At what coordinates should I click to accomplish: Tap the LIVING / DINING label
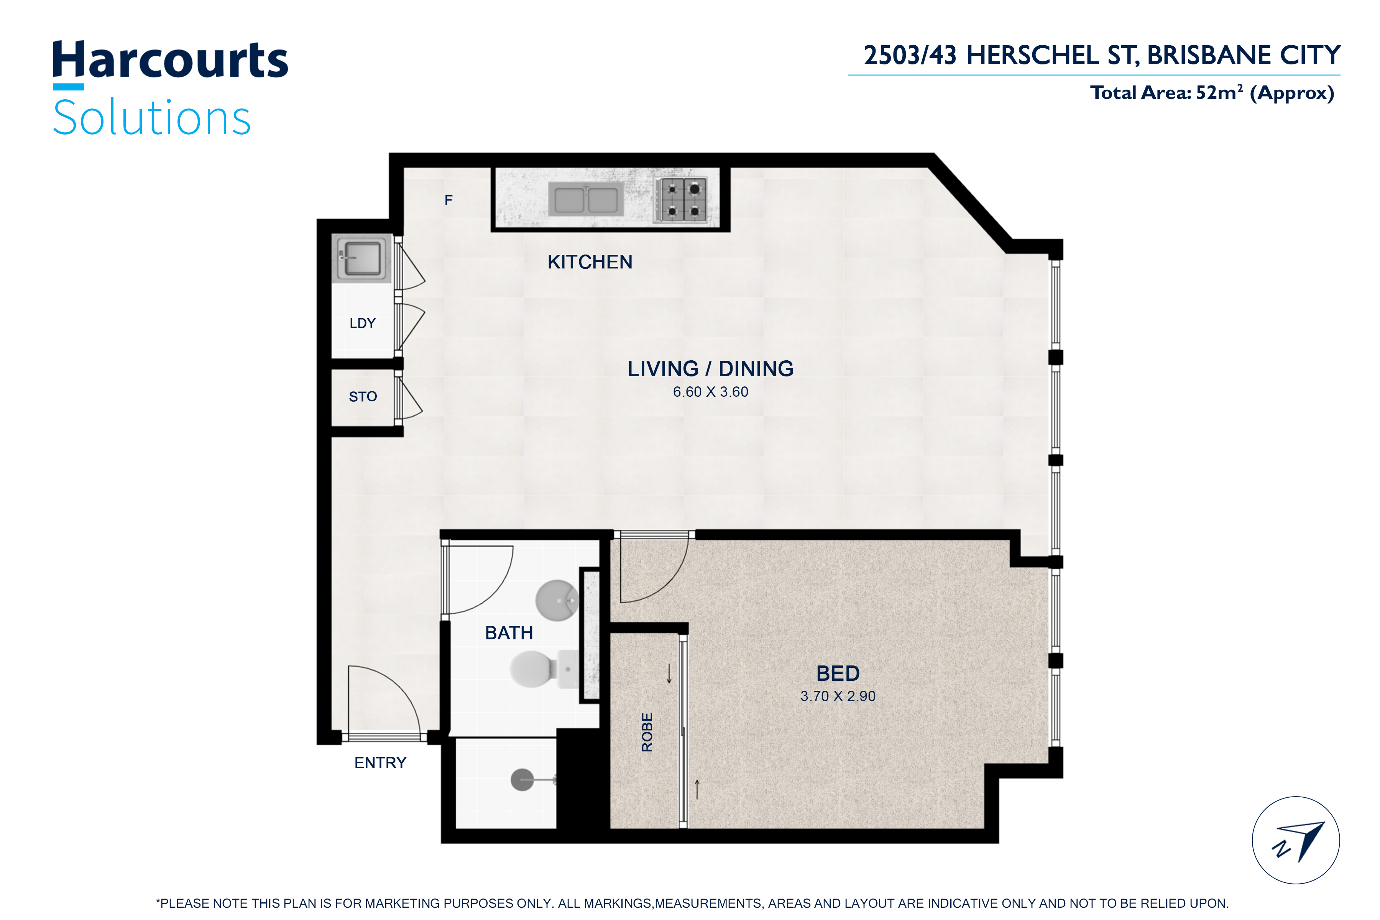click(711, 368)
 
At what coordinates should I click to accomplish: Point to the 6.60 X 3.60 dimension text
click(711, 392)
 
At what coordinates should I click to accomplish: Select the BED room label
click(838, 674)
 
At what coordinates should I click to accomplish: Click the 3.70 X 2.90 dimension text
click(838, 697)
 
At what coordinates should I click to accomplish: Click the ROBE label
click(647, 732)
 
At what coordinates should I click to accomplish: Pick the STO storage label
click(363, 397)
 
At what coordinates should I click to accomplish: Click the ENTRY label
click(380, 763)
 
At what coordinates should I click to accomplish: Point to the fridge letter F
click(448, 200)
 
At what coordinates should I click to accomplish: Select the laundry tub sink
click(361, 258)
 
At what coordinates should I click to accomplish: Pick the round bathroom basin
click(557, 600)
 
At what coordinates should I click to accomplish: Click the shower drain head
click(522, 780)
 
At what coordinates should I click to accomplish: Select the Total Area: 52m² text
click(1167, 93)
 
